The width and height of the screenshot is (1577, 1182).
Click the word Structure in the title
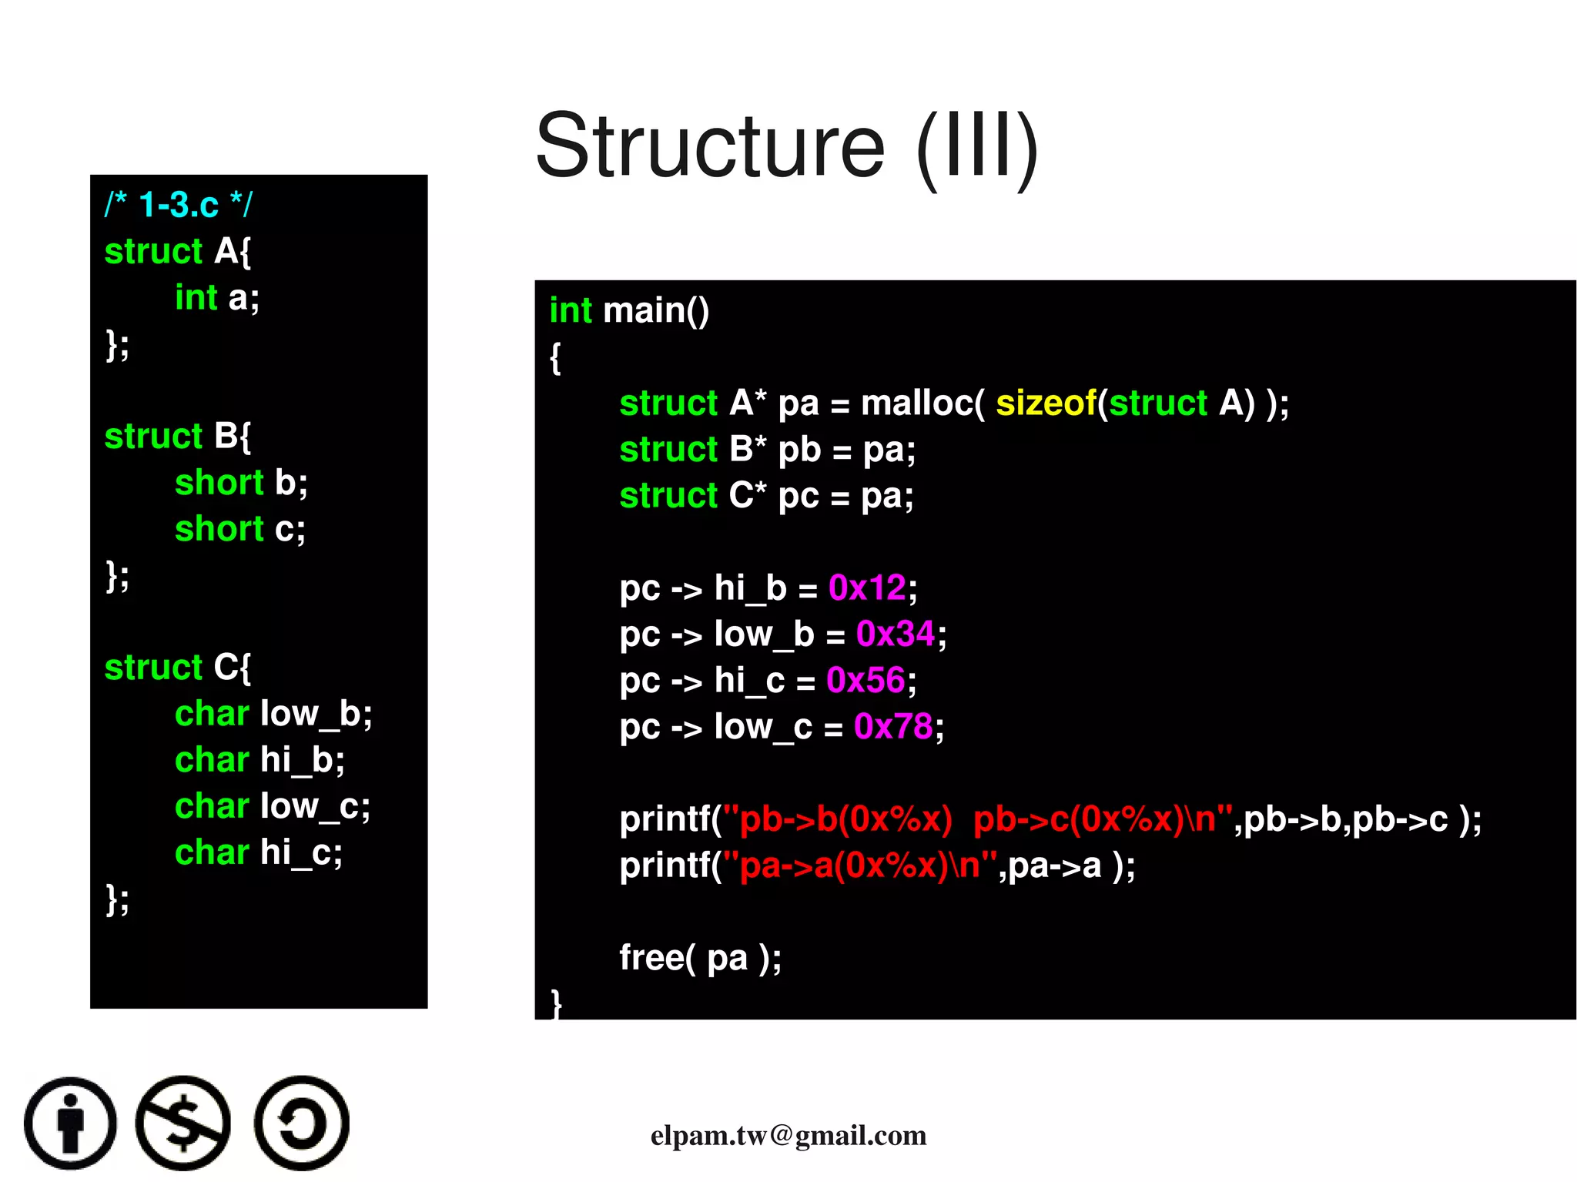tap(710, 146)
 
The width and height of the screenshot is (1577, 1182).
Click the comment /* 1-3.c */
tap(178, 205)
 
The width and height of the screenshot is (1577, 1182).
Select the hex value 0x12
tap(867, 588)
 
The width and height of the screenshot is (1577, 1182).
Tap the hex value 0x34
tap(896, 635)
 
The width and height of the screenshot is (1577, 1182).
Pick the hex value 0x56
tap(866, 681)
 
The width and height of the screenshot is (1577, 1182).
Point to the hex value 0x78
tap(893, 727)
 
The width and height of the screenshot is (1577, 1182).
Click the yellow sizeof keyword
tap(1046, 403)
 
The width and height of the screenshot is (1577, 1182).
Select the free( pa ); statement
tap(700, 959)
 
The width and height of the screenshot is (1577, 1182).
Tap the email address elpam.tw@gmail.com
tap(788, 1136)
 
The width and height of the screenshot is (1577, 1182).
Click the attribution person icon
tap(71, 1123)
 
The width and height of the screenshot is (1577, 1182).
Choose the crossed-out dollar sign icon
tap(183, 1123)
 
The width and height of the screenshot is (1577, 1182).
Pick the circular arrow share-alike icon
tap(302, 1123)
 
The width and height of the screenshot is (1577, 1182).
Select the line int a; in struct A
tap(217, 298)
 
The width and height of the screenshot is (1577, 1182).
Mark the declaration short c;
tap(240, 529)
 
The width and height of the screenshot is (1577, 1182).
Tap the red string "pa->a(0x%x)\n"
tap(860, 866)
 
